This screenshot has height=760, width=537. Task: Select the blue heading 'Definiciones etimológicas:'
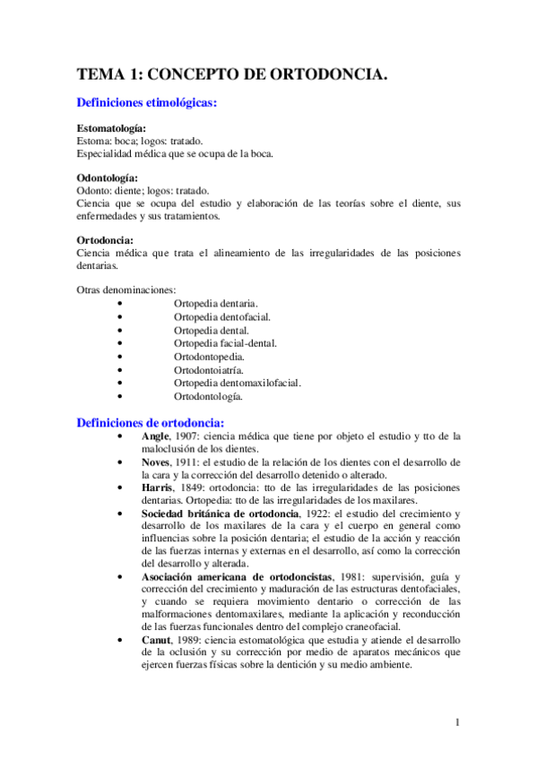pos(148,104)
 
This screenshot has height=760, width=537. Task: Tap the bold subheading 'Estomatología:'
pos(112,129)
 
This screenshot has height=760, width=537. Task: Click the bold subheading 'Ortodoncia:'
pos(106,240)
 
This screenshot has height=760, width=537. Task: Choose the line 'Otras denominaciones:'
pos(126,289)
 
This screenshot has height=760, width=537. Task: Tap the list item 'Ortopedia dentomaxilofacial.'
pos(238,383)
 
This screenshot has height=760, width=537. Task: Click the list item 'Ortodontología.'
pos(208,396)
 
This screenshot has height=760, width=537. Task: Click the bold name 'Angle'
pos(155,436)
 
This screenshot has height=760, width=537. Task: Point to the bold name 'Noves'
pos(157,462)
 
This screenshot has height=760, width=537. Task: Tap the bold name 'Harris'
pos(158,487)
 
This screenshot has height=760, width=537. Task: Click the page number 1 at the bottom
pos(456,722)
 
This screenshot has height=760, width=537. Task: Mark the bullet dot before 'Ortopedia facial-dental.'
pos(119,343)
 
